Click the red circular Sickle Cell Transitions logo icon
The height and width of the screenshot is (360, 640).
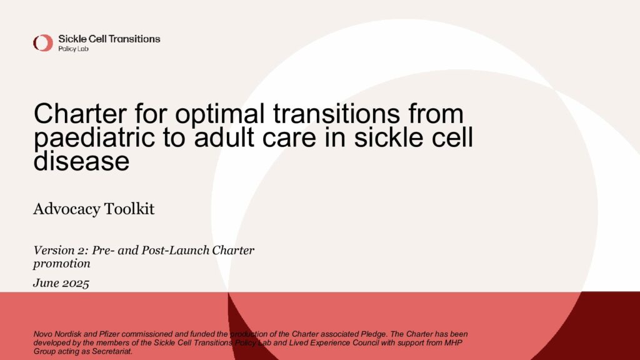point(43,43)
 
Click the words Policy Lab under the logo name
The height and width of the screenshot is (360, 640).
point(74,49)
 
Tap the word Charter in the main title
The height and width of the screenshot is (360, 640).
point(80,114)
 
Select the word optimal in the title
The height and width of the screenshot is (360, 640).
point(220,114)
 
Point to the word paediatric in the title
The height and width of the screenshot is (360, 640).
point(94,137)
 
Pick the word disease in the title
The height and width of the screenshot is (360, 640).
point(82,161)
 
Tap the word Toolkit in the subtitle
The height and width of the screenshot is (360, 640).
point(129,209)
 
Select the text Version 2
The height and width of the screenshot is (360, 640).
point(61,250)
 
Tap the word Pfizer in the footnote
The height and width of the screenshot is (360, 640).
point(109,334)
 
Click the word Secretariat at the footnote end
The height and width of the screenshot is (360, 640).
point(112,351)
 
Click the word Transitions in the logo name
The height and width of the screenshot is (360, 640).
point(135,39)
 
